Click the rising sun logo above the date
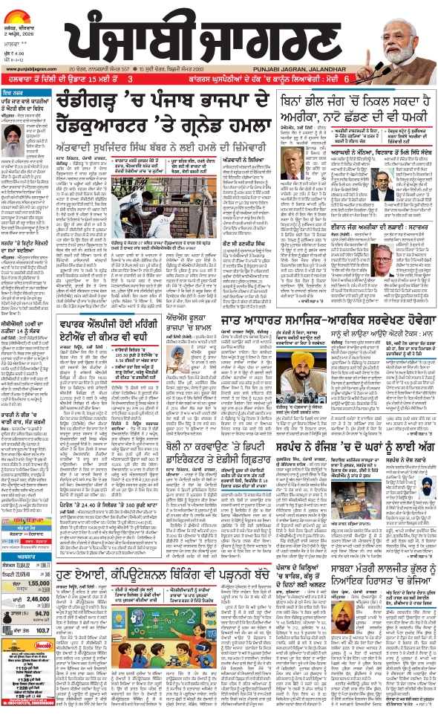click(22, 10)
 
